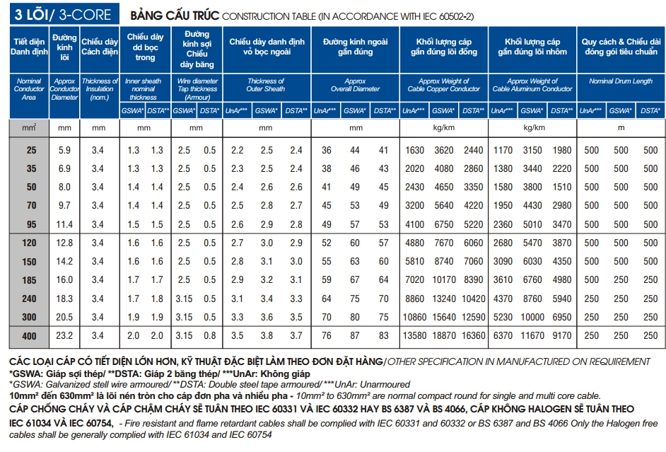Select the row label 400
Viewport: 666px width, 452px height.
[30, 336]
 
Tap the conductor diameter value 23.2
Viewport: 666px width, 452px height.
[64, 336]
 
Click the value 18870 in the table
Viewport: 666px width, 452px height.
[444, 336]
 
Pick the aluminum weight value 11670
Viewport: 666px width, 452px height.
[532, 336]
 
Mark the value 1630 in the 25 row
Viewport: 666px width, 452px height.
[415, 151]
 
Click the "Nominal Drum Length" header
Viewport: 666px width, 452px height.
[621, 81]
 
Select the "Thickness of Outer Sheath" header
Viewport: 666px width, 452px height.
[266, 85]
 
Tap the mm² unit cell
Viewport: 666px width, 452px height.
[30, 127]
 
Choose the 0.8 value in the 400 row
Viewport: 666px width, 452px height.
[210, 336]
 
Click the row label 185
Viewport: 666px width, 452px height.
[30, 280]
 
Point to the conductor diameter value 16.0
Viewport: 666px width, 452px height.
[64, 280]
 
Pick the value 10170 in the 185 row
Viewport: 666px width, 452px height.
[444, 280]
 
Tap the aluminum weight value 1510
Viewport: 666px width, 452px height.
[562, 187]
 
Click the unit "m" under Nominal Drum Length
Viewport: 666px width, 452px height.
[621, 128]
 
